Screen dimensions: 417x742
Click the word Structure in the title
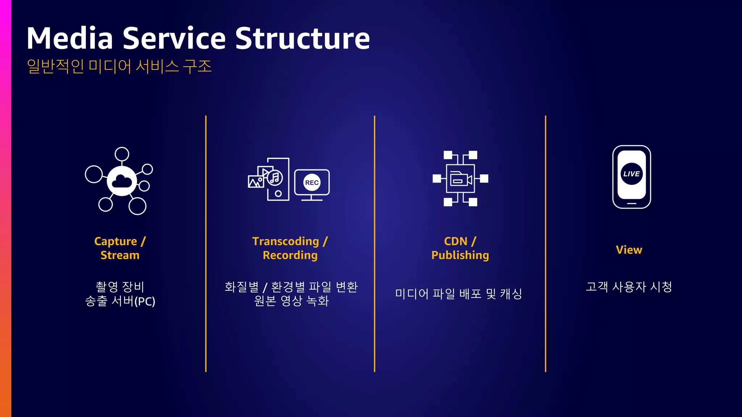click(x=303, y=38)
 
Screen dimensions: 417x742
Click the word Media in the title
click(x=70, y=38)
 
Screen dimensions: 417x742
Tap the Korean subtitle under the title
click(x=119, y=66)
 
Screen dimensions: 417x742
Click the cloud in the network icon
click(x=122, y=181)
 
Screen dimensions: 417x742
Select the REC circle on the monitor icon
click(x=312, y=182)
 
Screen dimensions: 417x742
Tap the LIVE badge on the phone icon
click(x=631, y=174)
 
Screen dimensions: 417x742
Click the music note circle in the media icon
click(x=275, y=178)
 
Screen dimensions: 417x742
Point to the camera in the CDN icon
click(x=460, y=179)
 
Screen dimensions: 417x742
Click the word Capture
click(x=116, y=241)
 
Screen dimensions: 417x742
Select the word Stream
click(x=120, y=255)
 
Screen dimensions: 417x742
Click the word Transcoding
click(x=285, y=241)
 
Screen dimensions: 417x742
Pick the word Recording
click(x=290, y=255)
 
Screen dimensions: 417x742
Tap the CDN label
click(x=455, y=241)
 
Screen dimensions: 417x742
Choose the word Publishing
click(x=460, y=255)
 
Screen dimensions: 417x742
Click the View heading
click(x=629, y=250)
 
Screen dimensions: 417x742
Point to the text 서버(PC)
click(x=133, y=301)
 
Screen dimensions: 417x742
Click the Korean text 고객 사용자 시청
click(x=629, y=287)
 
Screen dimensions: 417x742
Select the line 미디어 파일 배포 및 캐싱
click(x=459, y=294)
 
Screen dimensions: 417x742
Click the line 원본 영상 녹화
click(x=291, y=301)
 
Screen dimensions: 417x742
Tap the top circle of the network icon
click(x=122, y=154)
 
